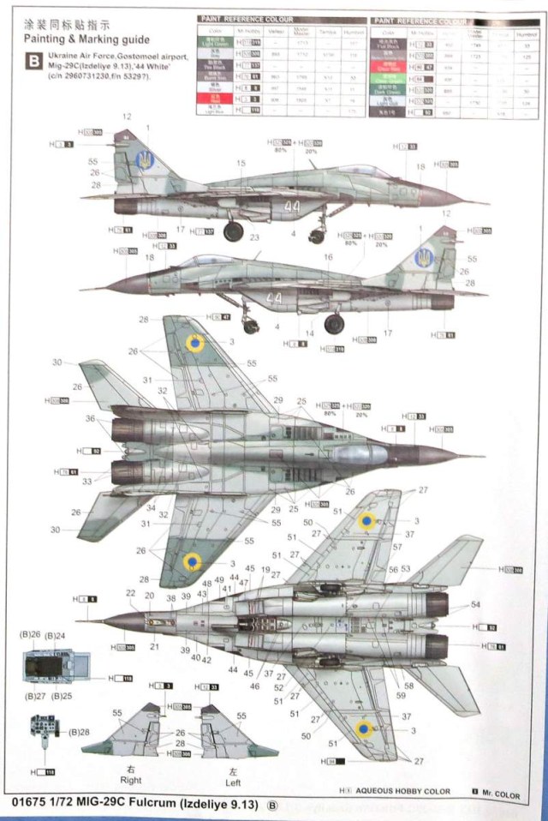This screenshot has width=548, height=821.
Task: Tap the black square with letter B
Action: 33,61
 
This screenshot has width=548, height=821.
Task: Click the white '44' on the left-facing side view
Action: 274,299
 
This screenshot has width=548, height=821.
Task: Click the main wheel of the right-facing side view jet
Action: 233,231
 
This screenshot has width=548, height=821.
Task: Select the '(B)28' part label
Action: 79,731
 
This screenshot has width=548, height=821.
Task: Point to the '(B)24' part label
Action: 57,636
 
